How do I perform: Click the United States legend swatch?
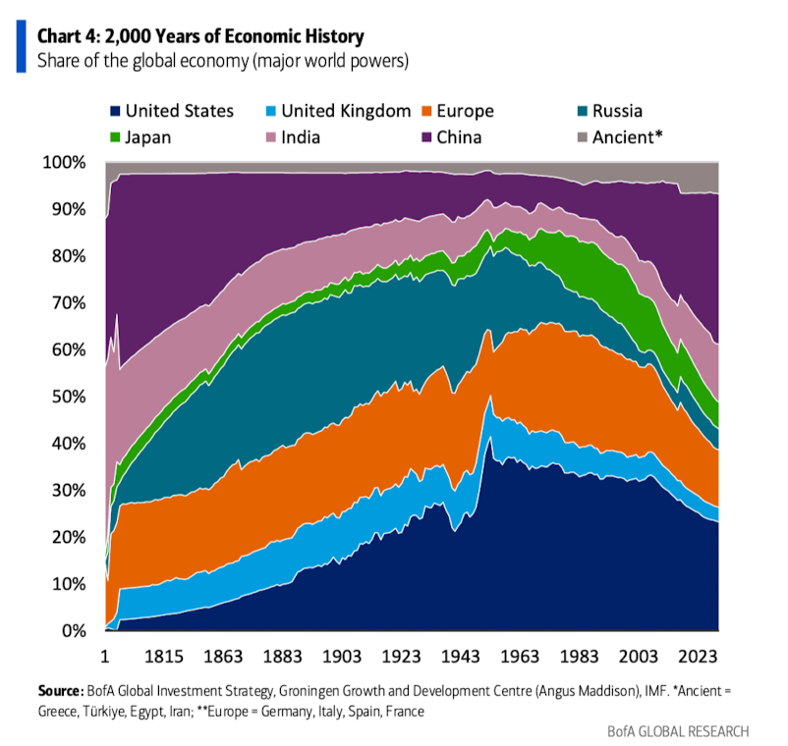[x=115, y=111]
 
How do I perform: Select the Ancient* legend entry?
[x=617, y=136]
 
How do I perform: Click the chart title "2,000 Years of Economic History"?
[x=200, y=36]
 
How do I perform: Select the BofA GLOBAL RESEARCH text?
[x=679, y=731]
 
